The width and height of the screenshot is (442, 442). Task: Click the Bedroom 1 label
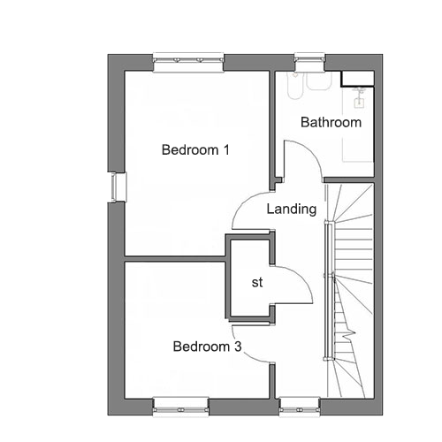(x=195, y=149)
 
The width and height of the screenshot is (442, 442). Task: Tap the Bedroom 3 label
(x=207, y=347)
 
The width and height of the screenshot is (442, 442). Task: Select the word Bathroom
(x=331, y=122)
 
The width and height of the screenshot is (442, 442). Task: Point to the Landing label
(x=292, y=210)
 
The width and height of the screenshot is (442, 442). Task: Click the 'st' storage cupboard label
(x=257, y=282)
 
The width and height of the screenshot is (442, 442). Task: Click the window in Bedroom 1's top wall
(x=188, y=62)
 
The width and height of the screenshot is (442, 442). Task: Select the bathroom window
(x=309, y=62)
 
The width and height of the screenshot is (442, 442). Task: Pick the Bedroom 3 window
(x=180, y=407)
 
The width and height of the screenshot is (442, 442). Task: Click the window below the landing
(x=300, y=407)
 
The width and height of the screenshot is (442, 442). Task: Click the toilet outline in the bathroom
(x=294, y=86)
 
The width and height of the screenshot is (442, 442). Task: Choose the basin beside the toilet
(x=319, y=81)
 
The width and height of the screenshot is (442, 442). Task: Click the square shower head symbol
(x=359, y=103)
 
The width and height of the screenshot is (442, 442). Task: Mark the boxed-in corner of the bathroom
(x=357, y=79)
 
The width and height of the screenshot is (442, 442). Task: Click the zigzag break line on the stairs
(x=349, y=333)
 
